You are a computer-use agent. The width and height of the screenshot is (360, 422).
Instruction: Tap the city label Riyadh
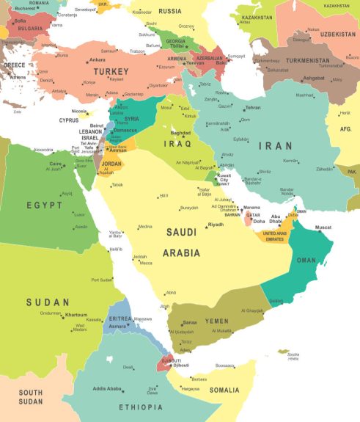tap(216, 224)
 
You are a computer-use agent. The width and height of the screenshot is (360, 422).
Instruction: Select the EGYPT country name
tap(45, 205)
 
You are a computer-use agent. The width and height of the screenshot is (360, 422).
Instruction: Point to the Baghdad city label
tap(180, 133)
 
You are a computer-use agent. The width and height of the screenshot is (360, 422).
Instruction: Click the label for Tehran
tap(252, 107)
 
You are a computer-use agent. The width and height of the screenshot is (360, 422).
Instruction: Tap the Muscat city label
tap(323, 228)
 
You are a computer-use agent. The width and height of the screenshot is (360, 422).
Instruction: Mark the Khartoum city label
tap(76, 314)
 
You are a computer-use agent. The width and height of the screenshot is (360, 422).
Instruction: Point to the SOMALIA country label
tap(224, 390)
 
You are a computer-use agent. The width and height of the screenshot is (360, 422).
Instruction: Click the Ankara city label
tap(97, 59)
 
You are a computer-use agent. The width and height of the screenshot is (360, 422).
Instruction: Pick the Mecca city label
tap(146, 263)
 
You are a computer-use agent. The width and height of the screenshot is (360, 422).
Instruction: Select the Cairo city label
tap(55, 164)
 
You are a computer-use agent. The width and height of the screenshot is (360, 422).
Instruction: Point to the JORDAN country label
tap(111, 164)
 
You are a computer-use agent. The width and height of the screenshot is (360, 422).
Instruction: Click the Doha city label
tap(259, 221)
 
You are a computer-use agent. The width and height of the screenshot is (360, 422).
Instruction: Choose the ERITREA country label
tap(119, 319)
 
